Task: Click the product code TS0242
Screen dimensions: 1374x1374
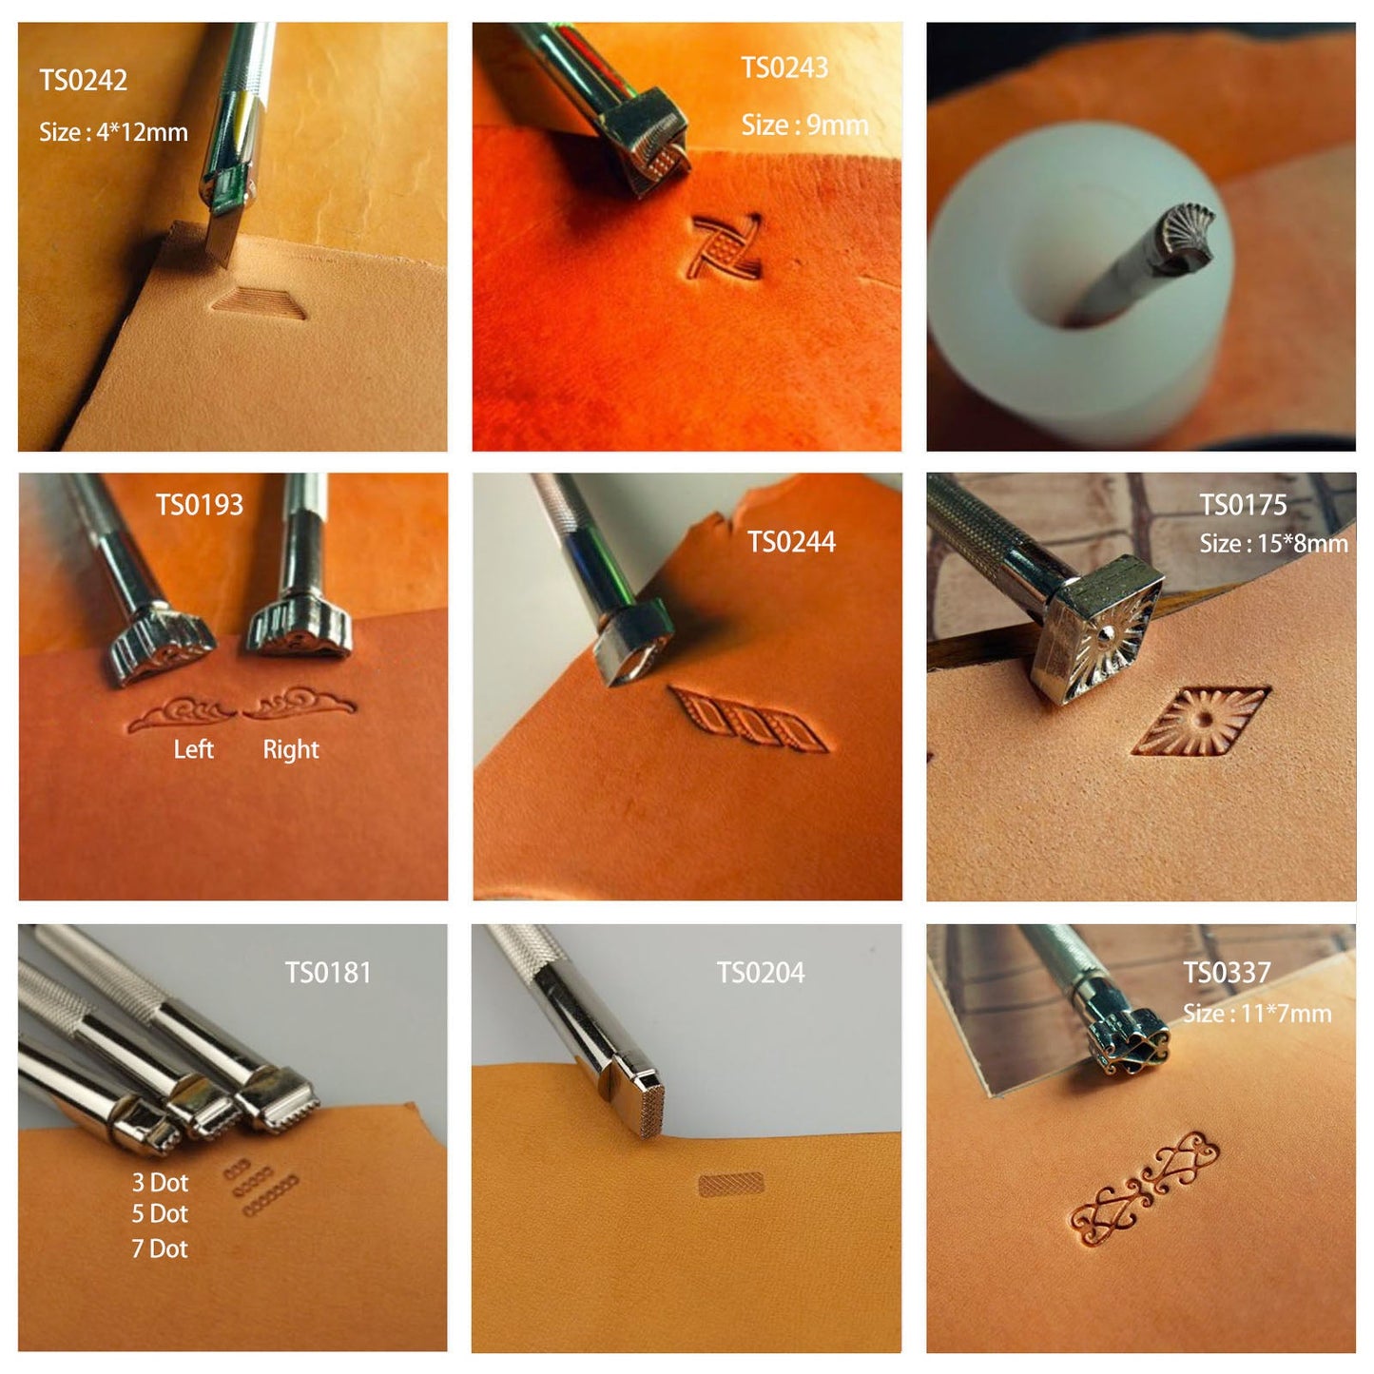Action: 83,80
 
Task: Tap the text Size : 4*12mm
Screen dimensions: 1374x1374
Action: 113,132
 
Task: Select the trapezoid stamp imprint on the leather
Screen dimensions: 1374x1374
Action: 259,303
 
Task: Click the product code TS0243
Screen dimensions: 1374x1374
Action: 784,67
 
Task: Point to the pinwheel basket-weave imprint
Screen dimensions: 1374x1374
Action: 726,246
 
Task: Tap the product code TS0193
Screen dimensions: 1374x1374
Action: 200,505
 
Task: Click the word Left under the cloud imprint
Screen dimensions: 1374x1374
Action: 193,749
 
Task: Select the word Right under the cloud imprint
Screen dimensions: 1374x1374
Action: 291,749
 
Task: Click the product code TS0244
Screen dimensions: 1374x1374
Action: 791,542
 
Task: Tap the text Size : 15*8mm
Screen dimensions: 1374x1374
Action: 1273,544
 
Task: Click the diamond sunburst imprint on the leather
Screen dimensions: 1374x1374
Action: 1202,721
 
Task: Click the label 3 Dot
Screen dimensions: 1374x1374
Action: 160,1183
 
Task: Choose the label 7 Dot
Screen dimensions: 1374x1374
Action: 160,1248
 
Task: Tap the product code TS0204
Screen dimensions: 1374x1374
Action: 761,972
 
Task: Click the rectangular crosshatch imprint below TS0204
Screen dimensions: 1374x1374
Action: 731,1185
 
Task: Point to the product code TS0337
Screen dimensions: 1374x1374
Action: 1228,972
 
